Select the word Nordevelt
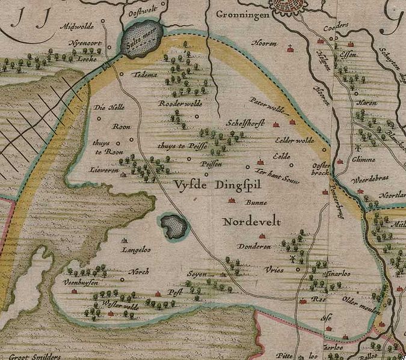(251, 222)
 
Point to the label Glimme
(364, 159)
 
